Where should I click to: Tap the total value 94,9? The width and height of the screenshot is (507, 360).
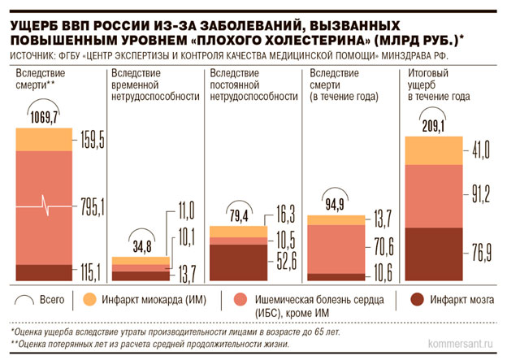[339, 203]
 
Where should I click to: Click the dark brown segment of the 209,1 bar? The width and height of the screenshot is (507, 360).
[435, 255]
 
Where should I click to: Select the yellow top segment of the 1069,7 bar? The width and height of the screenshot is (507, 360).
[45, 140]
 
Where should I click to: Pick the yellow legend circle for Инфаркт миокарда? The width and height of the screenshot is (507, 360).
[91, 299]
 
